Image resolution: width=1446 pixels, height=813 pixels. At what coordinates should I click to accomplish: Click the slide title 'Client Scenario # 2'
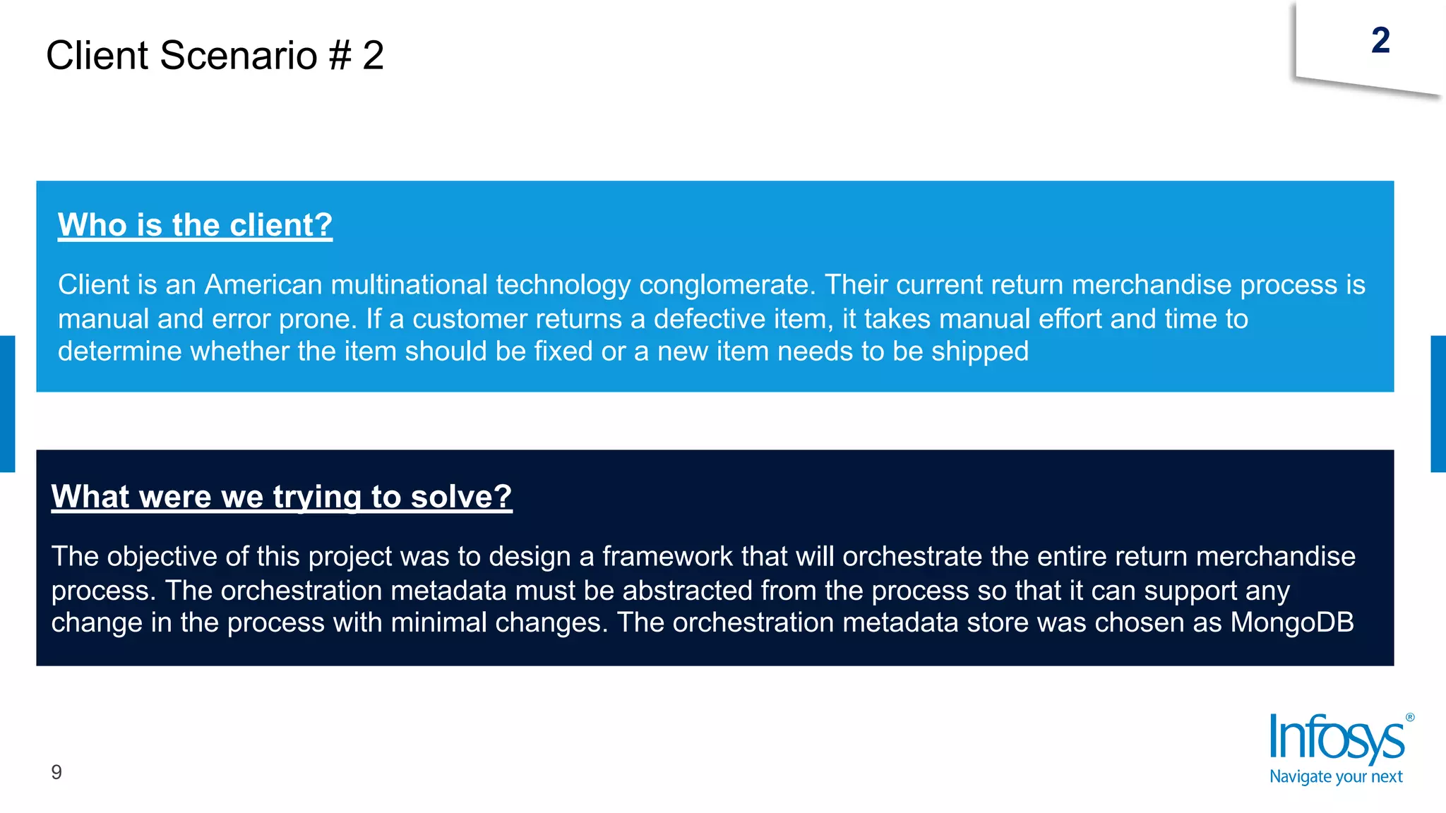(215, 56)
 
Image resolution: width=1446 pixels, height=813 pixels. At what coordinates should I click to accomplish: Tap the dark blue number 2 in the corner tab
(1380, 41)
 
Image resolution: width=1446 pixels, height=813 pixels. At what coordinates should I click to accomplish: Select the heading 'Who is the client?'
(195, 225)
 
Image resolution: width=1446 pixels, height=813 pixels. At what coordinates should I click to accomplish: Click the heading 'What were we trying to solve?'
(281, 497)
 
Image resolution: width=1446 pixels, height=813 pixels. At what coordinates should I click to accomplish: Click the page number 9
(56, 772)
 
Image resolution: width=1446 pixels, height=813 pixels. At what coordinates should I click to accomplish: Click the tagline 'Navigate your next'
(1336, 777)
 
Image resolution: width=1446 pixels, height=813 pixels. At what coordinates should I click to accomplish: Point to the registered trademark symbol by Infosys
(1409, 718)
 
